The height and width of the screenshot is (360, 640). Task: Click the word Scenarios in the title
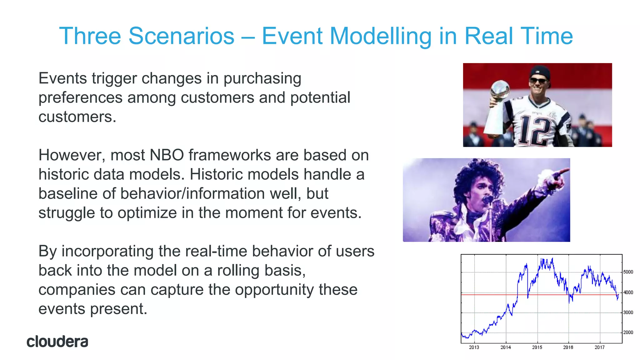tap(181, 36)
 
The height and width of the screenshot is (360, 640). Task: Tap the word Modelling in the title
tap(380, 37)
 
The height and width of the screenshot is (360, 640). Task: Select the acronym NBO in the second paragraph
tap(167, 155)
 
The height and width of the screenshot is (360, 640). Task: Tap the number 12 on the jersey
tap(535, 131)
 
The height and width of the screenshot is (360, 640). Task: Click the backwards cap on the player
tap(540, 72)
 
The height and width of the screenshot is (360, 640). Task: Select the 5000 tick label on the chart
tap(628, 272)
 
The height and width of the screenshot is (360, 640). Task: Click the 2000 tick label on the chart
tap(628, 332)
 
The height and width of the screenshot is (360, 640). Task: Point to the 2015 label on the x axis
tap(537, 347)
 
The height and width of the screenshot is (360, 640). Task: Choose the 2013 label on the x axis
tap(474, 347)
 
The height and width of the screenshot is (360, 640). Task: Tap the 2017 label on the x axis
tap(599, 347)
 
